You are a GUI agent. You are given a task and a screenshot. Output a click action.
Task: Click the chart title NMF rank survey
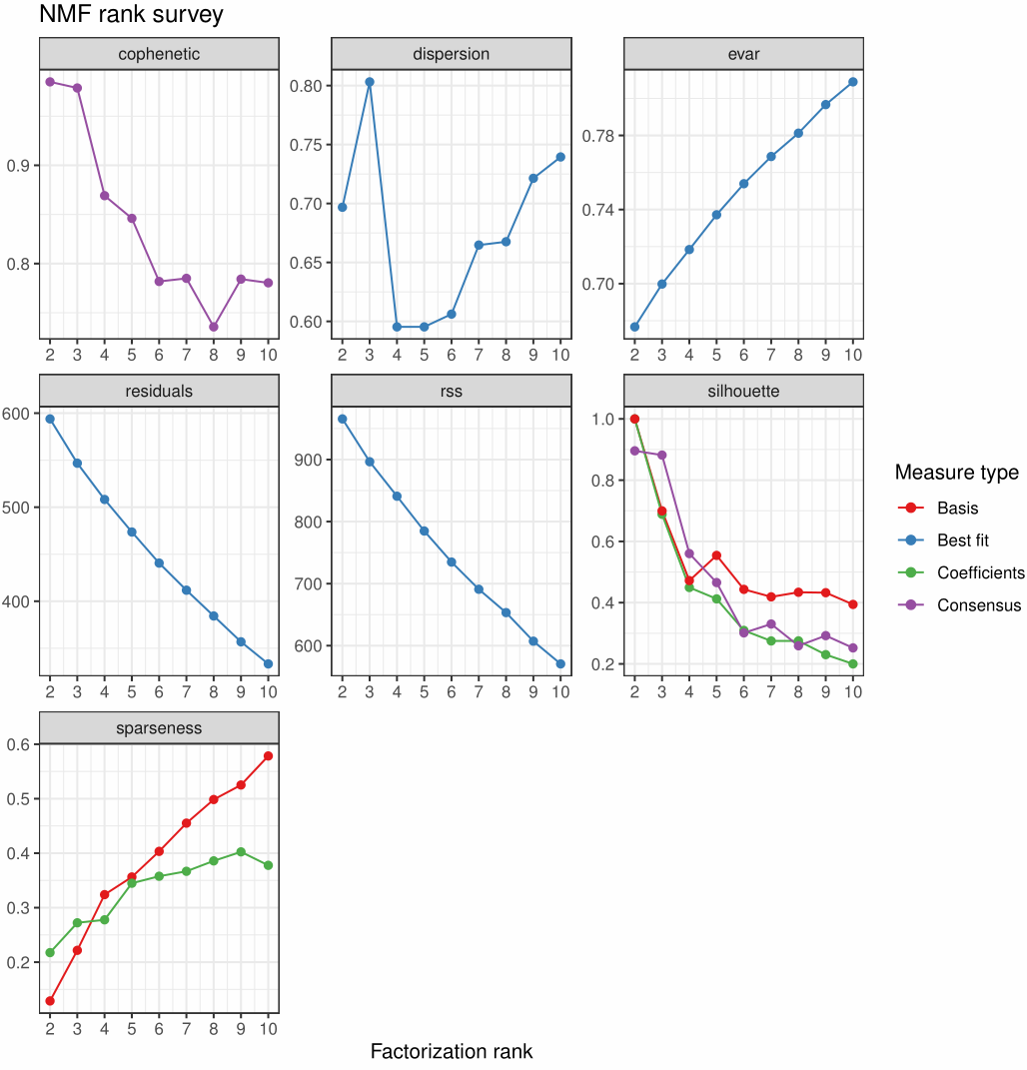(x=131, y=15)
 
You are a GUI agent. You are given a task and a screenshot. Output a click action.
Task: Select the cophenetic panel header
(x=159, y=54)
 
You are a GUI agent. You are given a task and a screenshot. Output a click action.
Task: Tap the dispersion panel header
(x=451, y=54)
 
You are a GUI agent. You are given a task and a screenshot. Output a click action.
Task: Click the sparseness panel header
(x=159, y=728)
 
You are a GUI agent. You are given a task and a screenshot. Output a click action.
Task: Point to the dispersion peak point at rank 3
(x=369, y=82)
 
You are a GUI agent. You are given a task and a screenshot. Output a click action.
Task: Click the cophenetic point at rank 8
(x=214, y=327)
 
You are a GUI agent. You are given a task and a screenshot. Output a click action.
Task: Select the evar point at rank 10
(x=853, y=82)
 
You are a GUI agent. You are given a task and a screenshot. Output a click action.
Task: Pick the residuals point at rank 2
(x=50, y=419)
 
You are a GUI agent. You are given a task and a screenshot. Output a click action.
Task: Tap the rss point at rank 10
(x=560, y=663)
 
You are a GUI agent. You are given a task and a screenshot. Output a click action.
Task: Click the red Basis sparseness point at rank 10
(x=269, y=755)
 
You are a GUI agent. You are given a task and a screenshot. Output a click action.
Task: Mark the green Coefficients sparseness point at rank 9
(x=241, y=852)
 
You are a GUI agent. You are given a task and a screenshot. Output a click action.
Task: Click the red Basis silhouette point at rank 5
(x=716, y=555)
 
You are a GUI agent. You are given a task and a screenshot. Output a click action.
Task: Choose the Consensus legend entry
(x=978, y=605)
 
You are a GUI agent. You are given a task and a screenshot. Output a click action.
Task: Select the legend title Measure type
(x=956, y=473)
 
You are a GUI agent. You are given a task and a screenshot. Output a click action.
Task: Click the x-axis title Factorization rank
(x=452, y=1051)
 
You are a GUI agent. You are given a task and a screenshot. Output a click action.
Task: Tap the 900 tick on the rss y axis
(x=315, y=461)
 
